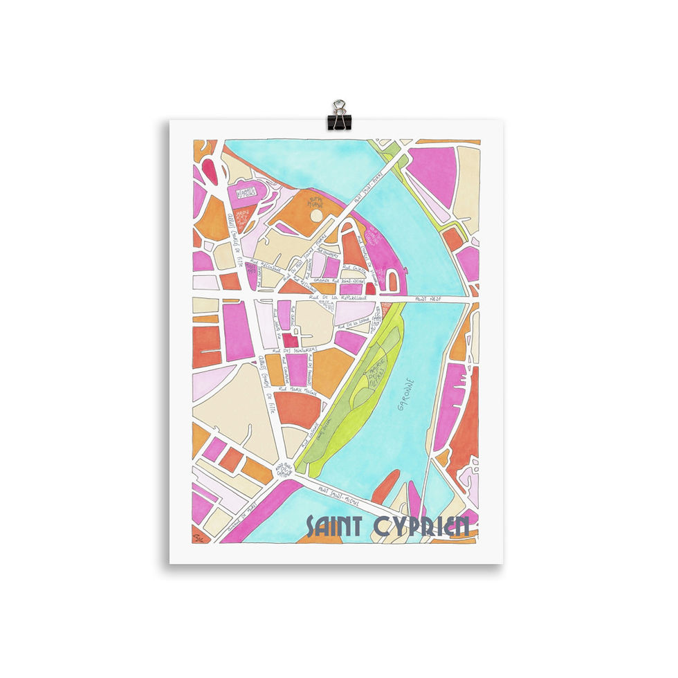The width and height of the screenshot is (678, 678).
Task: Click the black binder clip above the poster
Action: pyautogui.click(x=339, y=116)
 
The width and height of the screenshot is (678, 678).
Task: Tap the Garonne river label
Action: pyautogui.click(x=407, y=394)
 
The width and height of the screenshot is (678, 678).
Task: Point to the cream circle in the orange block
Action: pyautogui.click(x=316, y=215)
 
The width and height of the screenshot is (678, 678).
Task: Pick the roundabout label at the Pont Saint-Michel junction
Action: pyautogui.click(x=284, y=470)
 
